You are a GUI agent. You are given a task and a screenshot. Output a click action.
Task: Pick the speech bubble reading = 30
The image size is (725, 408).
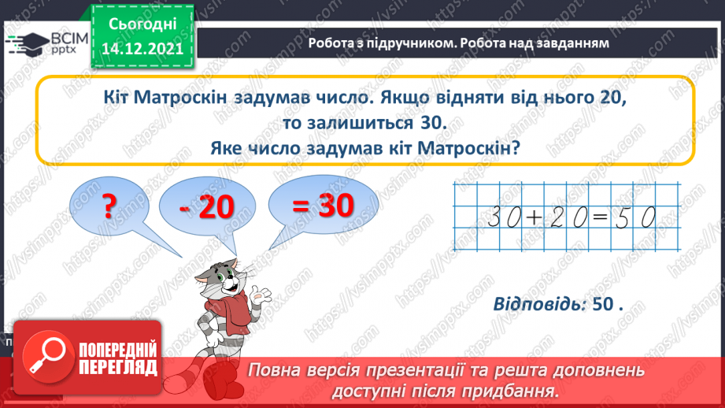click(323, 206)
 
